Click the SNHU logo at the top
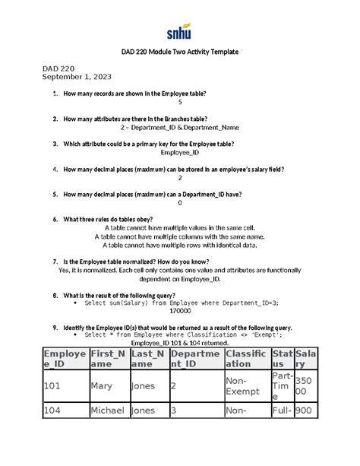[179, 31]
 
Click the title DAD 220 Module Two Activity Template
[179, 52]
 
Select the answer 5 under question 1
[180, 102]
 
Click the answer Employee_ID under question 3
[180, 153]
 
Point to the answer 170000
[180, 311]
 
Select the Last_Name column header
[148, 358]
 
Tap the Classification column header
[245, 358]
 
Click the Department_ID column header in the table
[194, 358]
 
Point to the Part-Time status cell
[282, 386]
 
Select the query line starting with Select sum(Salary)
[181, 303]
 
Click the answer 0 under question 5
[180, 203]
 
